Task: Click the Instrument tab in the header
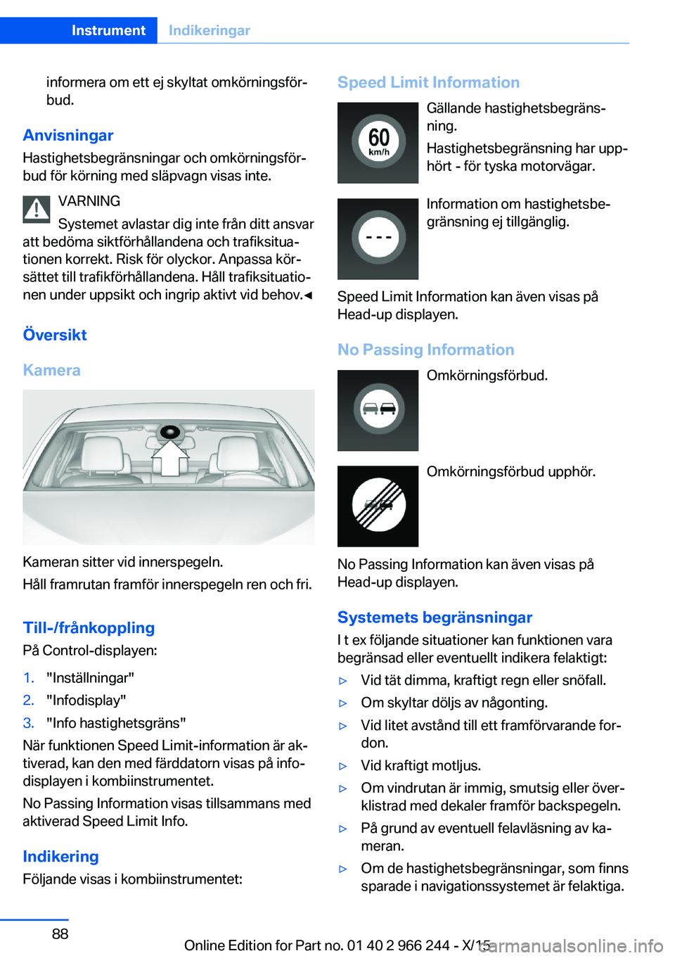(108, 30)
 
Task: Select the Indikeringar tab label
(209, 30)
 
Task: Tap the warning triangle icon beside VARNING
(36, 209)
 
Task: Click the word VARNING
(89, 201)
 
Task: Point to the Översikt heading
(55, 335)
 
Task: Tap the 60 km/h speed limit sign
(378, 143)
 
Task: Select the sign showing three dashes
(378, 238)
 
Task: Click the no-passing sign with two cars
(378, 410)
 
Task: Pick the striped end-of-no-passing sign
(378, 506)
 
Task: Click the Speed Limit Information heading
(428, 82)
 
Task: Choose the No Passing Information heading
(425, 350)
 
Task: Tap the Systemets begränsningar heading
(435, 617)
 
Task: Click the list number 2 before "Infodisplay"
(28, 700)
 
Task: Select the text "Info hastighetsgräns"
(116, 722)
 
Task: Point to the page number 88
(60, 933)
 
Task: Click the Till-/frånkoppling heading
(89, 627)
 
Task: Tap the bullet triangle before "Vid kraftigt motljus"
(343, 766)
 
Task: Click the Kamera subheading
(51, 370)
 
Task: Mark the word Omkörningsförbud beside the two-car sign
(487, 376)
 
